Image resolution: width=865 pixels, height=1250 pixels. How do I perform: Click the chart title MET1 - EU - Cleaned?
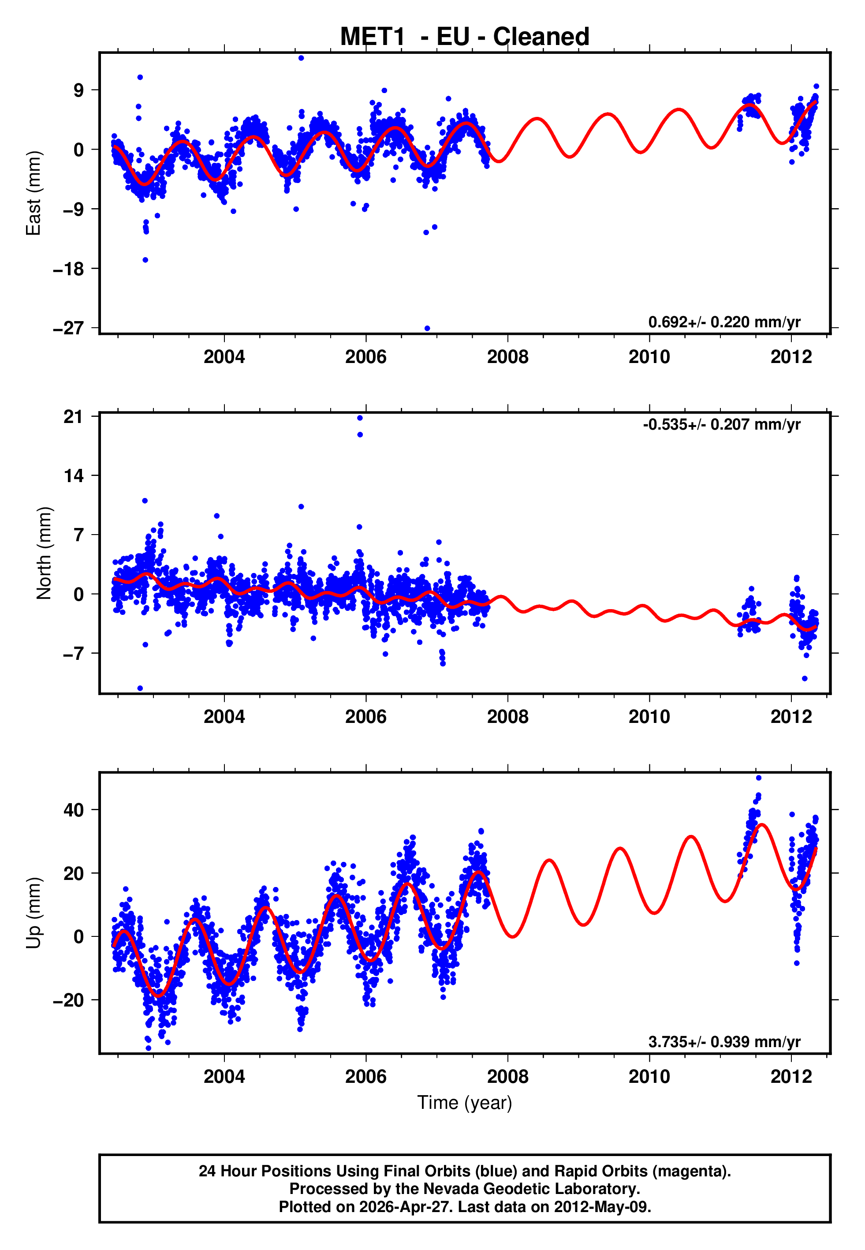[465, 37]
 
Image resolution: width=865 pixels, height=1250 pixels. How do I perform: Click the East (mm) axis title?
[34, 193]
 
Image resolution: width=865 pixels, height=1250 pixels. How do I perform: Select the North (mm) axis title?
[44, 553]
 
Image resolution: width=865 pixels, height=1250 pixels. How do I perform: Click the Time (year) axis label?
[465, 1103]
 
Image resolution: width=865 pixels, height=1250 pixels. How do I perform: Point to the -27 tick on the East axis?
[68, 329]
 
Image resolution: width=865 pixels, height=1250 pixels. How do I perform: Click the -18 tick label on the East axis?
[68, 269]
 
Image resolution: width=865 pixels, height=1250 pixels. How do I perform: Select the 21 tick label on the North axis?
[74, 416]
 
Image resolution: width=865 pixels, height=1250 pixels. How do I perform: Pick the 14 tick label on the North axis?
[74, 476]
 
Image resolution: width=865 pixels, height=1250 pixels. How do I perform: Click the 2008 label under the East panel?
[507, 357]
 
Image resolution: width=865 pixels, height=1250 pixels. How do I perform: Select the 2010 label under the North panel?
[649, 717]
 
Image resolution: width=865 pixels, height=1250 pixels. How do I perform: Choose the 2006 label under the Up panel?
[366, 1077]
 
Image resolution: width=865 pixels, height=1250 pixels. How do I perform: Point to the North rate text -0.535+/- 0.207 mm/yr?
[721, 424]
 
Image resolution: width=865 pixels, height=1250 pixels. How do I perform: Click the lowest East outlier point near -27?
[427, 329]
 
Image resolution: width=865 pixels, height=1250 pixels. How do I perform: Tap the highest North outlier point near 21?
[360, 418]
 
